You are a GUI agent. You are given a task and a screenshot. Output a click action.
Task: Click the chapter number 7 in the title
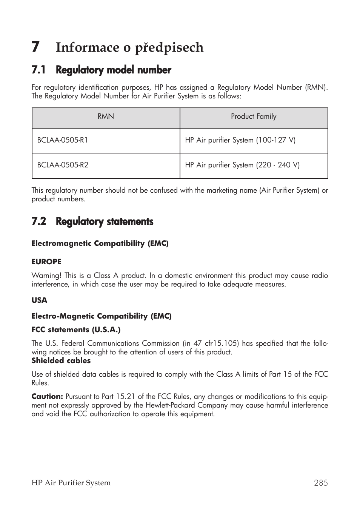[x=35, y=47]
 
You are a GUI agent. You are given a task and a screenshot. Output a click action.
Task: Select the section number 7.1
[x=38, y=70]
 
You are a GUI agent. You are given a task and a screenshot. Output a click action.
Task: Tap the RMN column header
[x=106, y=117]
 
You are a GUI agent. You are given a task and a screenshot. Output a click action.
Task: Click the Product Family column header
[x=254, y=117]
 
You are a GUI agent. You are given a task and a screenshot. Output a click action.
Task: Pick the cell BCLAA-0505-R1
[x=63, y=140]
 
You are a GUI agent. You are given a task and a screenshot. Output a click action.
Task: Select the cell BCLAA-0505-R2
[x=63, y=165]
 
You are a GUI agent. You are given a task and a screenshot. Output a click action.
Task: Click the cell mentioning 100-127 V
[x=240, y=140]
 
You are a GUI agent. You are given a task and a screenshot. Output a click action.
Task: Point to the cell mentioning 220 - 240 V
[x=242, y=165]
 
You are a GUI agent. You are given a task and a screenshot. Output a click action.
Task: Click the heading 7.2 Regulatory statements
[x=92, y=222]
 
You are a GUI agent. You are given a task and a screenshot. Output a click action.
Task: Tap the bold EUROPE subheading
[x=46, y=262]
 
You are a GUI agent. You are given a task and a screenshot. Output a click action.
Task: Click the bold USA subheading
[x=39, y=300]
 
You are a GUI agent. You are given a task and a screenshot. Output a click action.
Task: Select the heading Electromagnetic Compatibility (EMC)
[x=100, y=244]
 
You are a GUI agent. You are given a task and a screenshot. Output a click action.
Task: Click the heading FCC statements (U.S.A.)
[x=76, y=330]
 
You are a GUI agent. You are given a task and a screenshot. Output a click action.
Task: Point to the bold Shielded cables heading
[x=61, y=361]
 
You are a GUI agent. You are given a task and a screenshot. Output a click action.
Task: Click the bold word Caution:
[x=47, y=397]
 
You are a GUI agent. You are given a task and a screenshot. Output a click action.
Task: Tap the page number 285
[x=320, y=483]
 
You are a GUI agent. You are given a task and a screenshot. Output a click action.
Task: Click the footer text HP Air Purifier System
[x=71, y=483]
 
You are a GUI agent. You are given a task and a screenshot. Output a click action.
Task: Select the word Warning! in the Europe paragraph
[x=46, y=276]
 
